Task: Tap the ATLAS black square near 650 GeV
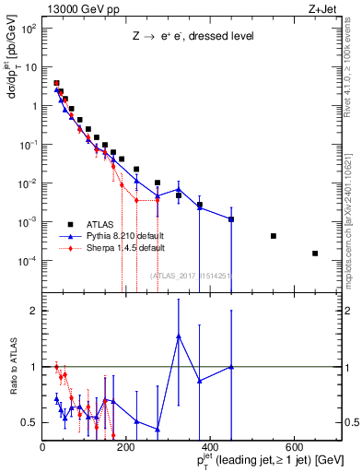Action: pos(315,254)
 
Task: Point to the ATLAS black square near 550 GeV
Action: pos(274,236)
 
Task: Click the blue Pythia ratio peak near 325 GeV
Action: pos(179,336)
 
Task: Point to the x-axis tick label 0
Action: pos(42,447)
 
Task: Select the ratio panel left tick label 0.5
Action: pos(29,422)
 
